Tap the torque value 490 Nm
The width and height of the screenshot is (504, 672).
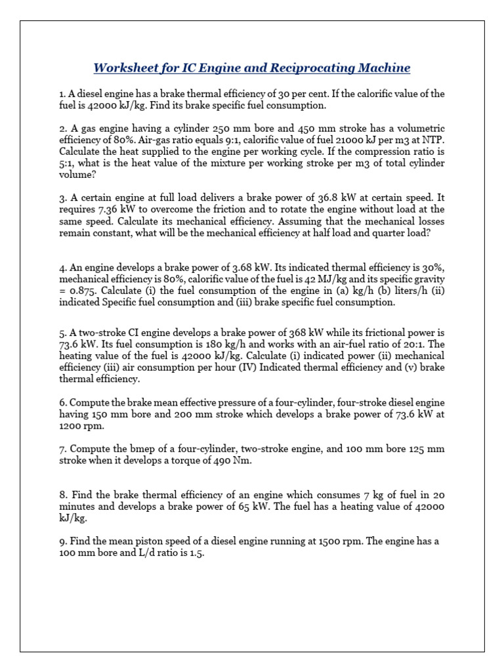[234, 460]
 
